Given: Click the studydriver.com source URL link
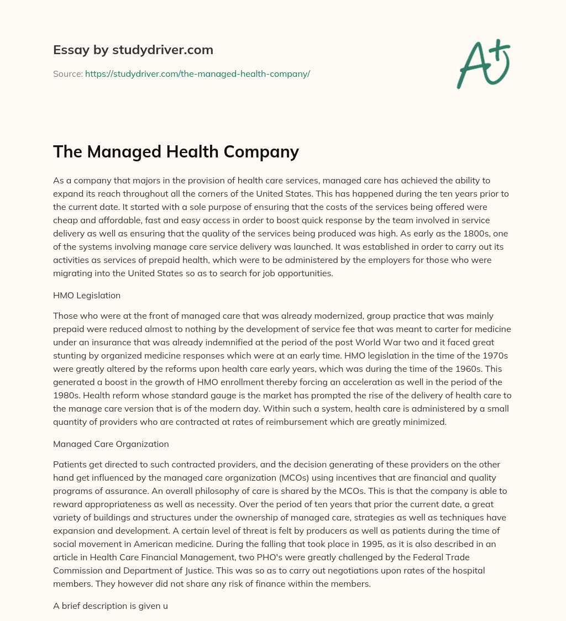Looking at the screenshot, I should tap(197, 73).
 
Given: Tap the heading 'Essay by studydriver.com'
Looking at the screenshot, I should tap(133, 50).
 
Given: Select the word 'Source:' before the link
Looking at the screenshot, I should tap(67, 73).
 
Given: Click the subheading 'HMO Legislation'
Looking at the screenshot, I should tap(87, 295).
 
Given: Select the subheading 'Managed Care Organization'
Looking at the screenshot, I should tap(111, 444).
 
